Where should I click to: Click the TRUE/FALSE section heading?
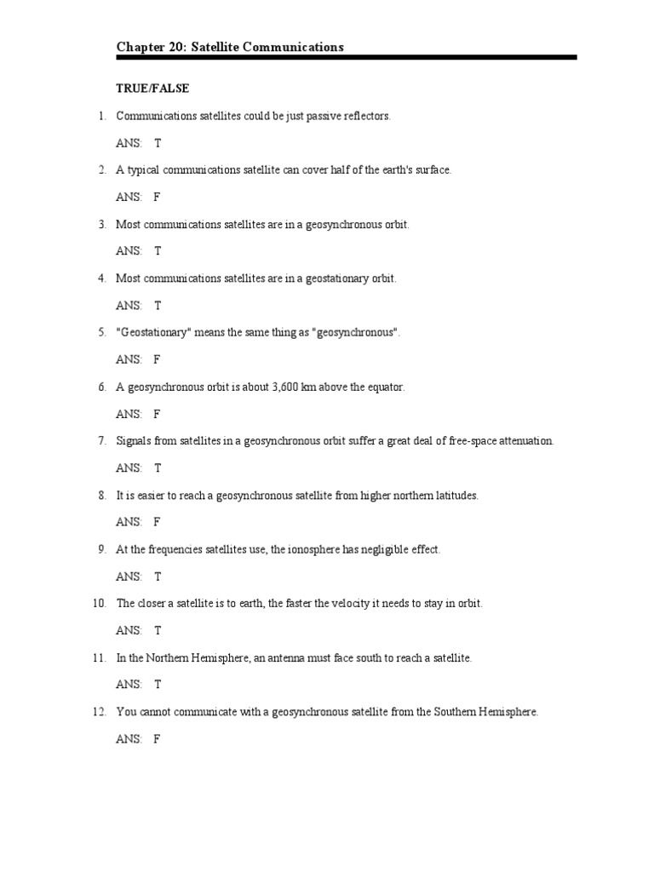[x=152, y=88]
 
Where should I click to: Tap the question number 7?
[x=101, y=441]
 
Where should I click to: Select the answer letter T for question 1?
[x=158, y=143]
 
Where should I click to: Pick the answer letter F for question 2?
[x=157, y=197]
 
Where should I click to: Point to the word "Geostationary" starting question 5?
[x=153, y=332]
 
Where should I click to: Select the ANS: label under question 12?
[x=129, y=739]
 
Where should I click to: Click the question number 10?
[x=99, y=604]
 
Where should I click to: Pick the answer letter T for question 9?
[x=158, y=577]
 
